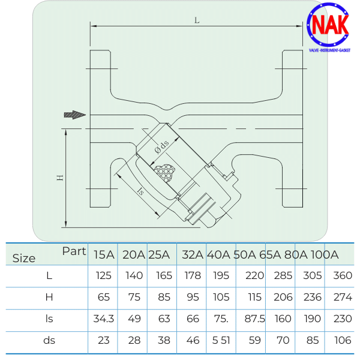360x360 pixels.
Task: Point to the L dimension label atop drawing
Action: (x=197, y=20)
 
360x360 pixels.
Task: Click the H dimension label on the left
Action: (x=60, y=178)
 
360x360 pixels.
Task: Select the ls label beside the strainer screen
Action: (x=141, y=192)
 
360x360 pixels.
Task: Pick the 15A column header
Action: (x=104, y=254)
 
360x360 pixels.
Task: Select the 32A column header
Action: (x=192, y=254)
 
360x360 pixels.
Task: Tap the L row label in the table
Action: (x=49, y=276)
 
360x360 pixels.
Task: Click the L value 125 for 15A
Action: (x=104, y=276)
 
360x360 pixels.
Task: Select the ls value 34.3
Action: (x=104, y=319)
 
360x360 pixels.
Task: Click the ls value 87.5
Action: (x=254, y=319)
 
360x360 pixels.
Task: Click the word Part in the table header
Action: (x=74, y=251)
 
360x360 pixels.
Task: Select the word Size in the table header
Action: (x=24, y=259)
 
